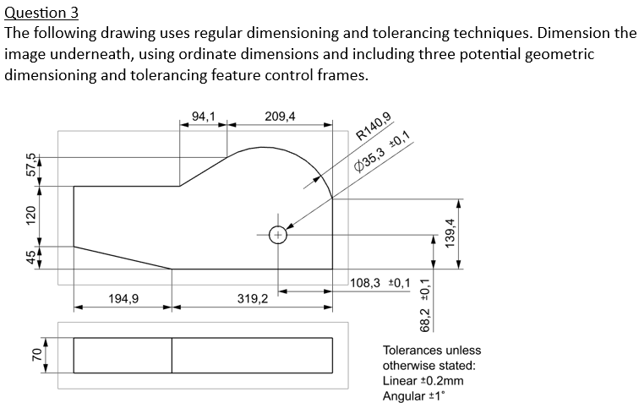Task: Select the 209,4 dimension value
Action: coord(280,116)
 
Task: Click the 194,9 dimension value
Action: coord(124,298)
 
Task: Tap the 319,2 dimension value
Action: coord(253,298)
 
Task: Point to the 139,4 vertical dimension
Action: coord(451,234)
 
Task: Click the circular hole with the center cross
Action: coord(278,236)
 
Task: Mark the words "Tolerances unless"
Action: coord(432,351)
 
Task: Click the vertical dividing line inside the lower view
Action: coord(172,355)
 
